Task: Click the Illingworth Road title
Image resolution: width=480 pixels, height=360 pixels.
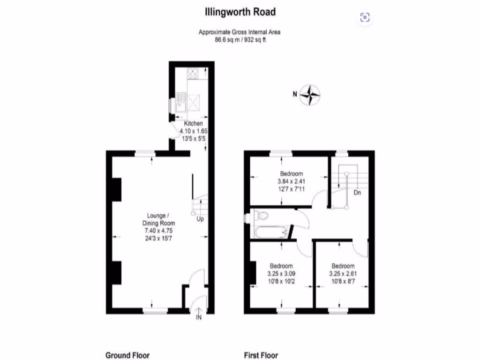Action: [x=240, y=11]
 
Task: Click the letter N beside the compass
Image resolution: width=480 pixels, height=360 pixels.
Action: [x=295, y=94]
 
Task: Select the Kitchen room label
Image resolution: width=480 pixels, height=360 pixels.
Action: [x=193, y=123]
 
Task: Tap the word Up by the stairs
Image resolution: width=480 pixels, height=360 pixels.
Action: [x=200, y=219]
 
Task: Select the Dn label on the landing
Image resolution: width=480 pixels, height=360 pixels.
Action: [x=357, y=192]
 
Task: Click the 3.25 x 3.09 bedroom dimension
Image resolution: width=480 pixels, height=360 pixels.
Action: [x=281, y=274]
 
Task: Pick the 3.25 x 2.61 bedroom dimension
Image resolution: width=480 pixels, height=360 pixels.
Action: [x=341, y=274]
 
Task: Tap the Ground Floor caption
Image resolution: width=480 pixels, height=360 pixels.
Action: [x=127, y=355]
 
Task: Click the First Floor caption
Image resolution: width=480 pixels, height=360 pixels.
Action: [x=261, y=355]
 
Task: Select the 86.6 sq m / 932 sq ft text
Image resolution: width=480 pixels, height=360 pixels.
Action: [x=240, y=40]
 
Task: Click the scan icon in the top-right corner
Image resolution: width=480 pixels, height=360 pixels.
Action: [x=365, y=18]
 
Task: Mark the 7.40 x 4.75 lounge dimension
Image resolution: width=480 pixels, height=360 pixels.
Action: [x=158, y=231]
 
